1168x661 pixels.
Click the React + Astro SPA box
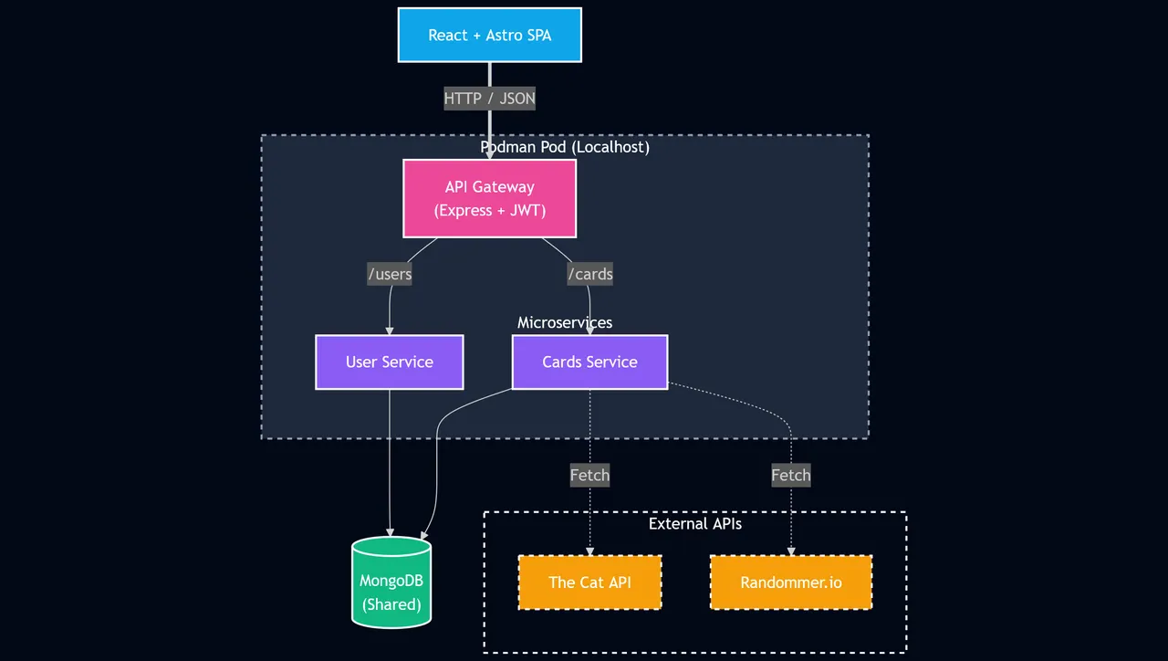[489, 35]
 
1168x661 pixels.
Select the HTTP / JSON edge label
[489, 99]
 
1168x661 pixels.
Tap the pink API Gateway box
[489, 198]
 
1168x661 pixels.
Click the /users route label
[390, 274]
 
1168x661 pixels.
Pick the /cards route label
[589, 274]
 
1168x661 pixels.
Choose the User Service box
[389, 362]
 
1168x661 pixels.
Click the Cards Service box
[589, 362]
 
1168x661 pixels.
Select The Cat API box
[589, 582]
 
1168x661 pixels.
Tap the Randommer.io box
[791, 582]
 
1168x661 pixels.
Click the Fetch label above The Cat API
[589, 476]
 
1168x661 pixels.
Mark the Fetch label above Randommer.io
[791, 476]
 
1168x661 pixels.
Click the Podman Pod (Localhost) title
[565, 147]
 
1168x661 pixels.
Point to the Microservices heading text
[565, 322]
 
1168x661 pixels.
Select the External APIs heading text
[695, 524]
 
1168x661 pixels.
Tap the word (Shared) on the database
[391, 604]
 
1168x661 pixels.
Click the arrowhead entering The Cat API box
[589, 551]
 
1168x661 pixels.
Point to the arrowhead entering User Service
[390, 330]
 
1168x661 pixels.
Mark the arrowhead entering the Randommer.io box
[791, 551]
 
